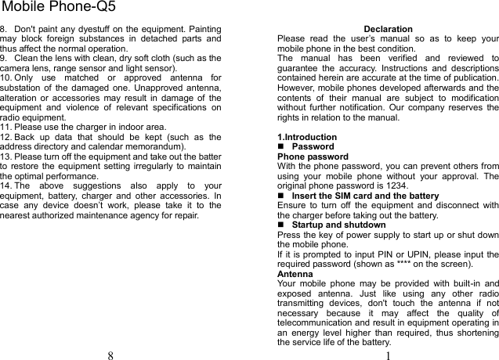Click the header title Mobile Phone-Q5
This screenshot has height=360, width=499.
pyautogui.click(x=59, y=8)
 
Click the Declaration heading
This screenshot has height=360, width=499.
pyautogui.click(x=388, y=29)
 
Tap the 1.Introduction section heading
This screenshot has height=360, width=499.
pyautogui.click(x=307, y=137)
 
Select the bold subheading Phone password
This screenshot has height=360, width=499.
pyautogui.click(x=313, y=157)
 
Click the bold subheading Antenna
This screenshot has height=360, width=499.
pyautogui.click(x=295, y=274)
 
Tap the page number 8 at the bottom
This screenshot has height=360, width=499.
pyautogui.click(x=110, y=355)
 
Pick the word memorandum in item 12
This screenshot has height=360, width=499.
pyautogui.click(x=152, y=146)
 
